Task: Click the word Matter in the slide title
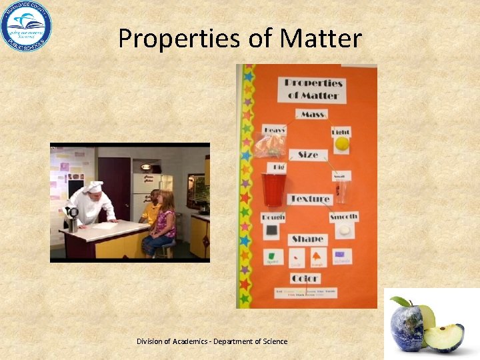click(321, 39)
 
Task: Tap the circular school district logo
click(25, 26)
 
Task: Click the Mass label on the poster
click(311, 115)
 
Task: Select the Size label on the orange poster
click(307, 155)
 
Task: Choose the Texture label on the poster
click(309, 199)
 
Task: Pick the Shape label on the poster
click(307, 239)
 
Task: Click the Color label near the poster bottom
click(305, 278)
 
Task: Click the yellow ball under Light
click(341, 143)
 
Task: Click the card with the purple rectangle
click(342, 256)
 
